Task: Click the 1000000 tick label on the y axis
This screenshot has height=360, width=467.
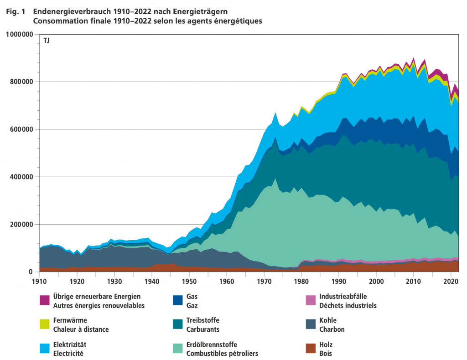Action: (x=19, y=34)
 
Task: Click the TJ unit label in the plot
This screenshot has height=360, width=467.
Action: (x=47, y=41)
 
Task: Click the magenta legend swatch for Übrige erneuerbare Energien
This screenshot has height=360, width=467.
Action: (x=44, y=300)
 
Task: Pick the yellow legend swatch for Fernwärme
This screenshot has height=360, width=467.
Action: (x=44, y=324)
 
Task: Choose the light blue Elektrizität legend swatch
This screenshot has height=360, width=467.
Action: (x=44, y=349)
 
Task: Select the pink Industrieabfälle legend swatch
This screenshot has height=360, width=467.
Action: (x=311, y=300)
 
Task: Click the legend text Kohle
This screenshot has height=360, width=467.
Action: (x=328, y=320)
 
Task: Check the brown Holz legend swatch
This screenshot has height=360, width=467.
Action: (x=311, y=349)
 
